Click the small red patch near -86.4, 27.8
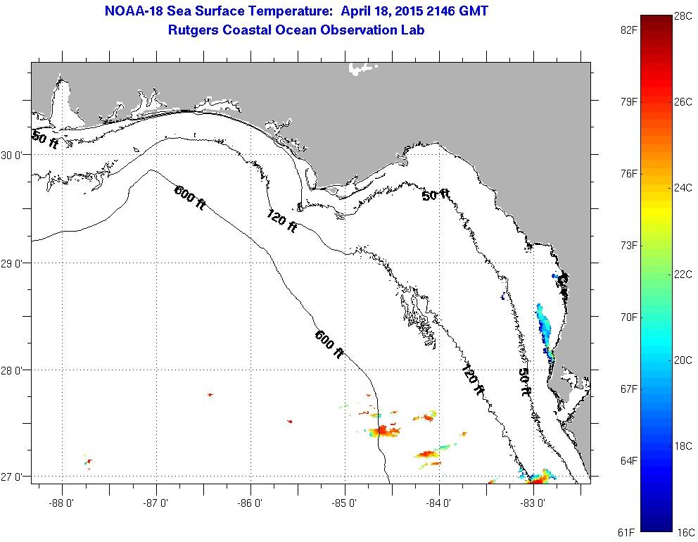(x=210, y=395)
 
